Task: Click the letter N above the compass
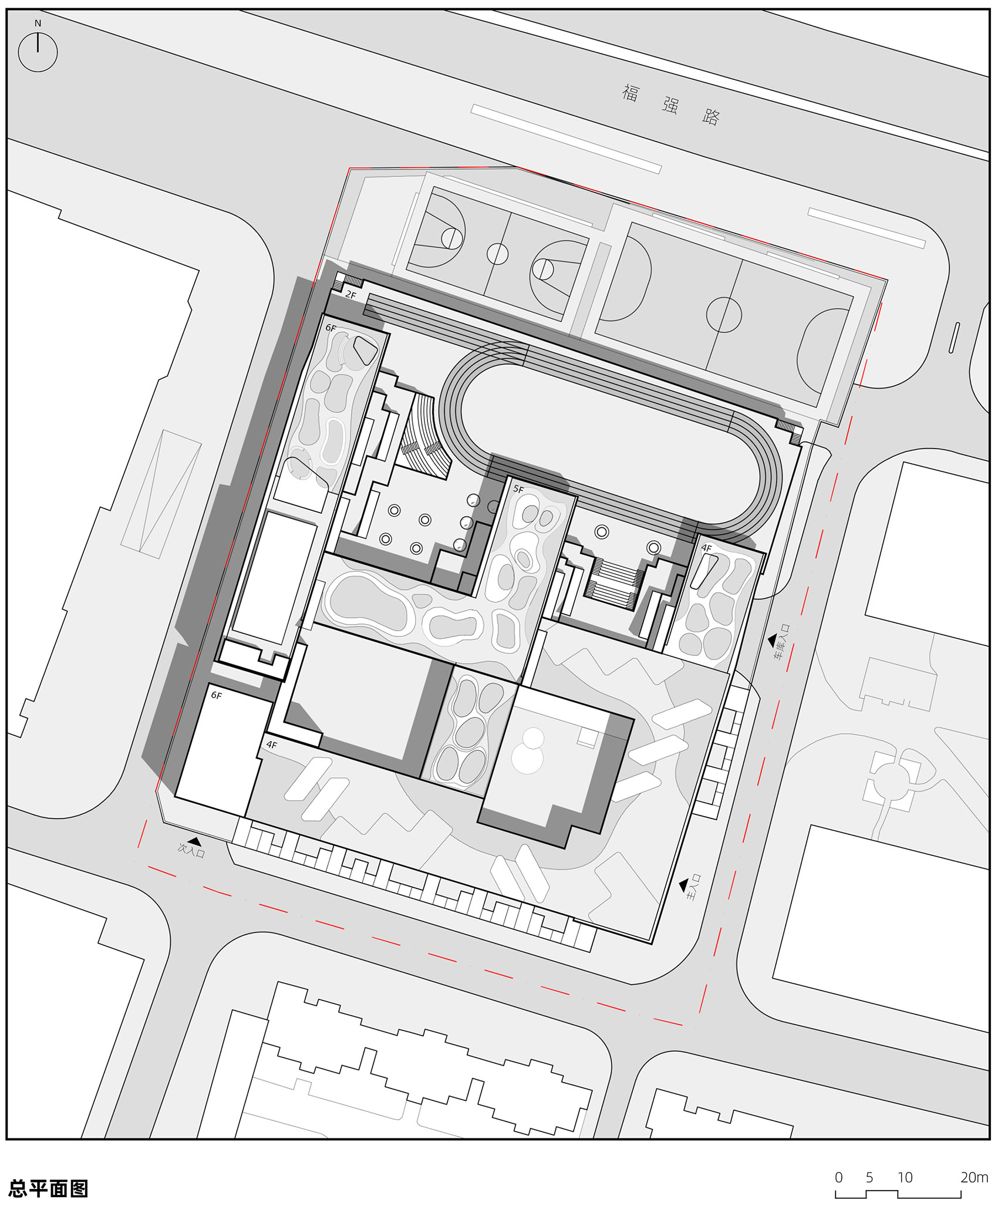coord(38,23)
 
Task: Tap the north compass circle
coord(38,52)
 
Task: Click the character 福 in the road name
coord(631,93)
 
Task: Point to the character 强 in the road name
coord(670,105)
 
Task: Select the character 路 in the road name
coord(711,117)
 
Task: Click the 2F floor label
coord(350,294)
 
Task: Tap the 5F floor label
coord(518,489)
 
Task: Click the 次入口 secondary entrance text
coord(191,850)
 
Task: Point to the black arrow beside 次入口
coord(193,841)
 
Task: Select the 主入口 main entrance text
coord(694,887)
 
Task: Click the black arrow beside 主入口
coord(683,884)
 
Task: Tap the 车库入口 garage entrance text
coord(783,641)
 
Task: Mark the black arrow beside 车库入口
coord(773,639)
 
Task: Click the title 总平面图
coord(48,1188)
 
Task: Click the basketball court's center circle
coord(497,254)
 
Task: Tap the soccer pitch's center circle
coord(724,315)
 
